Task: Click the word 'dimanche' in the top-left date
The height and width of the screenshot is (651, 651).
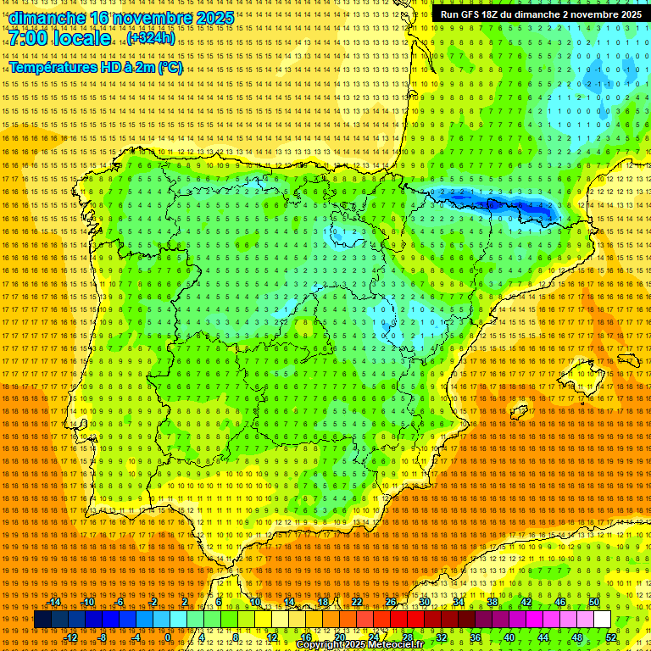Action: tap(47, 18)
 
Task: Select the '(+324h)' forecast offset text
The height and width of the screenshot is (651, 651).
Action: tap(151, 38)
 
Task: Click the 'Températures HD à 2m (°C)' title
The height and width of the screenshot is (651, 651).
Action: tap(96, 67)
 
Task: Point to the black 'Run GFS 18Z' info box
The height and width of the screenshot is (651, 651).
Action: tap(541, 14)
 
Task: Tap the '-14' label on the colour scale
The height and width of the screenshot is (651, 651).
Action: tap(56, 602)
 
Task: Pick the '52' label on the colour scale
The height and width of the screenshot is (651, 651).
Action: tap(611, 637)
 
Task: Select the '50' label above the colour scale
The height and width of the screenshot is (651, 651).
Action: tap(594, 602)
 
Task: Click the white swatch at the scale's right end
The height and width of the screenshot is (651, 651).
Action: tap(602, 620)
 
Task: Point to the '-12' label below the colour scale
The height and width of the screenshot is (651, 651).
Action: tap(72, 637)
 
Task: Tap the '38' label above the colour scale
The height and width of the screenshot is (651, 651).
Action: tap(492, 602)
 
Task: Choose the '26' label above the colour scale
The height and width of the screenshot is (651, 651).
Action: tap(391, 602)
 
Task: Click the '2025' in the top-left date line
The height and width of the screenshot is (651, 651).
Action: tap(214, 18)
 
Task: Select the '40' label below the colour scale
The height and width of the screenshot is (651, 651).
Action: tap(509, 637)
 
